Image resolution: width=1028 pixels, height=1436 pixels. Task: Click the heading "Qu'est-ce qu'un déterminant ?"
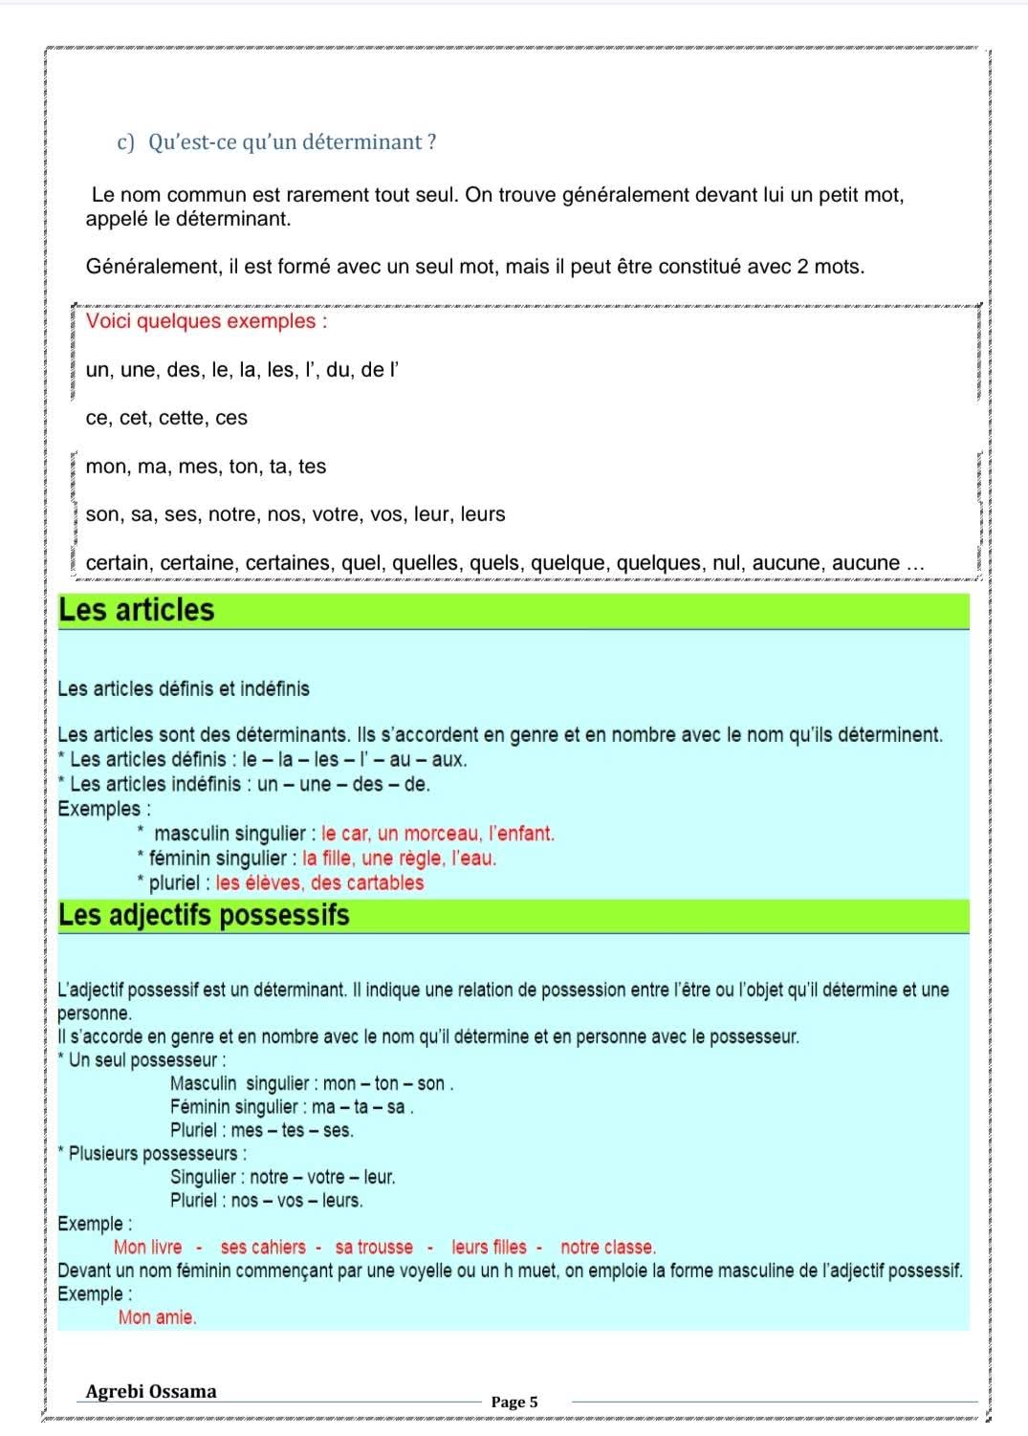pyautogui.click(x=292, y=142)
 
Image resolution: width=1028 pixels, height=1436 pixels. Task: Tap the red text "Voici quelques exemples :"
pyautogui.click(x=207, y=321)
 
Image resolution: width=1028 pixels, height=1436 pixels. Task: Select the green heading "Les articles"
pyautogui.click(x=137, y=610)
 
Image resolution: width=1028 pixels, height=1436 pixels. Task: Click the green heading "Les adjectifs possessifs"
pyautogui.click(x=204, y=915)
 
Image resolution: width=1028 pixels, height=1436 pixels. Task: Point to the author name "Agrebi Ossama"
pyautogui.click(x=151, y=1391)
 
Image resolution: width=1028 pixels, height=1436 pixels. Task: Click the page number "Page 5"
pyautogui.click(x=514, y=1402)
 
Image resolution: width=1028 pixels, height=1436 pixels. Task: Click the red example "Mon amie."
pyautogui.click(x=157, y=1317)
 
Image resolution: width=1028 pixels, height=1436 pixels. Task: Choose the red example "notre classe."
pyautogui.click(x=608, y=1247)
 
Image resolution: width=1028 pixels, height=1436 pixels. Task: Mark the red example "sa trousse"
pyautogui.click(x=374, y=1247)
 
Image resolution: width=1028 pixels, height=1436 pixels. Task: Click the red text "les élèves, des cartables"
pyautogui.click(x=319, y=882)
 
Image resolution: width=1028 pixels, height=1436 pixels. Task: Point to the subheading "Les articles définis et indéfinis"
pyautogui.click(x=184, y=688)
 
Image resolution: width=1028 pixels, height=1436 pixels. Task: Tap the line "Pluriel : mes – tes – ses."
pyautogui.click(x=261, y=1130)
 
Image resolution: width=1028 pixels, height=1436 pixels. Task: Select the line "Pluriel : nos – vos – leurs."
pyautogui.click(x=266, y=1200)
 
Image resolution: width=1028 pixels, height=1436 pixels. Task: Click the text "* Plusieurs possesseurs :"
pyautogui.click(x=152, y=1154)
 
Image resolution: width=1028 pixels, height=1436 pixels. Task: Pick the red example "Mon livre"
pyautogui.click(x=147, y=1247)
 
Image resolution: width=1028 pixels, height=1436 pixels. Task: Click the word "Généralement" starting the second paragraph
pyautogui.click(x=153, y=267)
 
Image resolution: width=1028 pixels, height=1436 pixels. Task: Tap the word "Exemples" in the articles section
pyautogui.click(x=98, y=809)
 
